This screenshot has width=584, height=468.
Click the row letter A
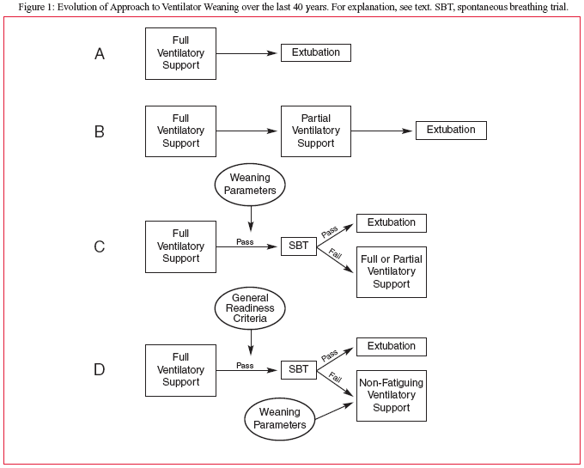(x=100, y=54)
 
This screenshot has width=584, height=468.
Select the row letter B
(x=100, y=131)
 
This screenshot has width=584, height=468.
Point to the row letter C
(x=100, y=246)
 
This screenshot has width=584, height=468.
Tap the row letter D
(x=100, y=370)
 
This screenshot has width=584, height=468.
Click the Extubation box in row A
(x=316, y=53)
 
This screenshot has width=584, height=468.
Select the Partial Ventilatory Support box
(x=316, y=131)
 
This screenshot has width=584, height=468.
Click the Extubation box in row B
(x=451, y=131)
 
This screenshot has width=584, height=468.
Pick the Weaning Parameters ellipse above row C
(x=250, y=185)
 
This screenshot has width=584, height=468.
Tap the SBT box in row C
(x=299, y=246)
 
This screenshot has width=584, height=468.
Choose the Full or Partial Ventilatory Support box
(x=392, y=272)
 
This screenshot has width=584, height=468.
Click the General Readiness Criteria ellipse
(x=250, y=308)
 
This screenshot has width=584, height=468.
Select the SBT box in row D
(x=299, y=370)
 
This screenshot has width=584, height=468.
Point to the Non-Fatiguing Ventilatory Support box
(x=392, y=396)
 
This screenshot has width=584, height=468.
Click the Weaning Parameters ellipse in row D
(x=280, y=419)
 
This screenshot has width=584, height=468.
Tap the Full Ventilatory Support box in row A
(x=180, y=53)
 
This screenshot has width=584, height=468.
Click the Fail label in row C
(x=335, y=254)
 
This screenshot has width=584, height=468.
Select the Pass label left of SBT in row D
(x=245, y=366)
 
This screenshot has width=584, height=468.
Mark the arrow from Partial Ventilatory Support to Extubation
(x=382, y=131)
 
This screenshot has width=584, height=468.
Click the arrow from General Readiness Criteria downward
(x=251, y=343)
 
